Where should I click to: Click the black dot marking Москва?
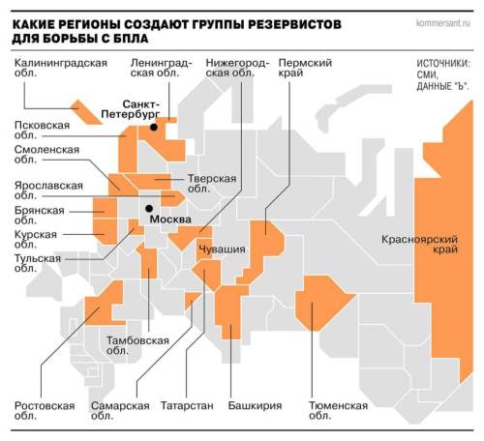[x=148, y=207]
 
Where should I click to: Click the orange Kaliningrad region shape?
[x=86, y=112]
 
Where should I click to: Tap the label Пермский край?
[x=305, y=70]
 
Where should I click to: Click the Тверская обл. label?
[x=211, y=184]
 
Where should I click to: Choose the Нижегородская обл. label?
[x=235, y=70]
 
